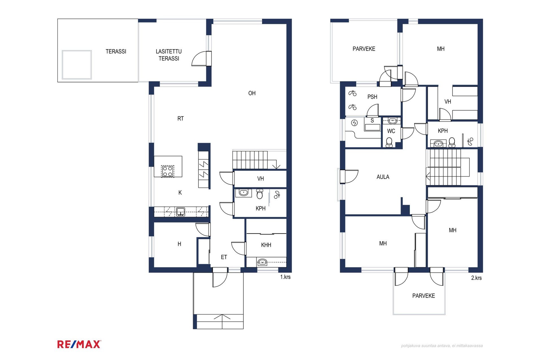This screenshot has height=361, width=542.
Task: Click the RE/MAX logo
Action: tap(79, 344)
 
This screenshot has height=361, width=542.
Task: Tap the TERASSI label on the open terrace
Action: tap(116, 51)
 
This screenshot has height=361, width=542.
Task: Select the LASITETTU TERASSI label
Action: tap(169, 55)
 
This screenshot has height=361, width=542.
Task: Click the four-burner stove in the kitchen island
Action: tap(167, 171)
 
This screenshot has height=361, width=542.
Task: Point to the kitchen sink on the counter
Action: tap(181, 212)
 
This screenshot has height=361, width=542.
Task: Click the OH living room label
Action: tap(252, 93)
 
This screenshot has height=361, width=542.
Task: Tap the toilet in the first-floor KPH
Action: tap(260, 194)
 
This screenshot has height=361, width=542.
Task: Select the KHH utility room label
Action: tap(266, 245)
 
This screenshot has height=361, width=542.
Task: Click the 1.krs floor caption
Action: tap(285, 277)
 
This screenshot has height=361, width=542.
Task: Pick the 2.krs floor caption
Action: tap(477, 278)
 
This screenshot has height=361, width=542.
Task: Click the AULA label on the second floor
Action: tap(383, 177)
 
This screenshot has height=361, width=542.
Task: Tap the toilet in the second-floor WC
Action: tap(389, 142)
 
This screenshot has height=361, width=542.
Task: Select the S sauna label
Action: tap(372, 120)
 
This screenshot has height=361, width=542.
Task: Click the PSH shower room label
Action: tap(372, 97)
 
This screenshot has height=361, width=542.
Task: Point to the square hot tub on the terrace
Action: tap(77, 65)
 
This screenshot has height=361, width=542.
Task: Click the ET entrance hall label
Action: tap(224, 257)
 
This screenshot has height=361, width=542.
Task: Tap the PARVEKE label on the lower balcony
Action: tap(423, 296)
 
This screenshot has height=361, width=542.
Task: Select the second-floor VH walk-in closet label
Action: tap(448, 102)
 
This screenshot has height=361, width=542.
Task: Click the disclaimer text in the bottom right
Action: tap(442, 345)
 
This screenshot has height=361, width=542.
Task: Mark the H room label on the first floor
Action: tap(179, 244)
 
